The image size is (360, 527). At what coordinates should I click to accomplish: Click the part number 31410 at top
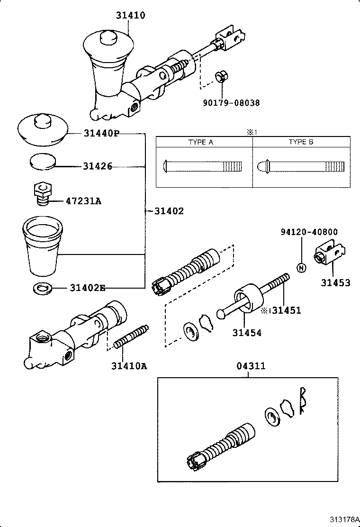(130, 16)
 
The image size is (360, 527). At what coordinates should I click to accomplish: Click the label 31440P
(101, 134)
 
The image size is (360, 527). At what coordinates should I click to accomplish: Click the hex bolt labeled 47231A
(42, 194)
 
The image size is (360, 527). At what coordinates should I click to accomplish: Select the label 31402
(169, 210)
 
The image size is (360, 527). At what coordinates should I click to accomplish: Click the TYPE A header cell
(204, 142)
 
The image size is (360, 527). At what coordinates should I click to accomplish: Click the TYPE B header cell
(301, 142)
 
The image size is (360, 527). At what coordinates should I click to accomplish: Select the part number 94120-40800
(309, 232)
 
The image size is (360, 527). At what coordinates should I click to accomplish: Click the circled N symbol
(300, 267)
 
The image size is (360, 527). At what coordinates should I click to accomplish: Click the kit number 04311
(251, 366)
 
